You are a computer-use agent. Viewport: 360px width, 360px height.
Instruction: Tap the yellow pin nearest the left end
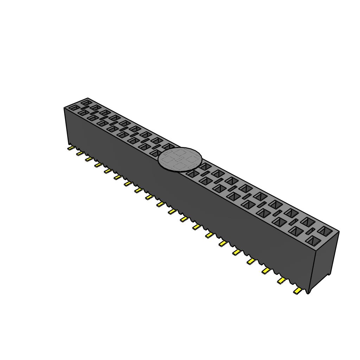point(71,148)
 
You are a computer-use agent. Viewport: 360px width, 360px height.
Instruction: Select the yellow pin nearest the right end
point(298,291)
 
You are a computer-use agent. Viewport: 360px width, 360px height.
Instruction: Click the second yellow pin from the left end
point(80,154)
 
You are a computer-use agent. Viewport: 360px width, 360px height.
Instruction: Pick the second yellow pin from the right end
point(282,280)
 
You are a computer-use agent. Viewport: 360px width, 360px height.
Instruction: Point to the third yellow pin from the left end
point(89,159)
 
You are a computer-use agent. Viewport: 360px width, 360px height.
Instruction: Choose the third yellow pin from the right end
point(266,270)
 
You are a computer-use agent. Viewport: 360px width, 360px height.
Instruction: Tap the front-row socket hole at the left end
point(74,108)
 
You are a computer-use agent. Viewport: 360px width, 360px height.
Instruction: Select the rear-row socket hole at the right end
point(326,231)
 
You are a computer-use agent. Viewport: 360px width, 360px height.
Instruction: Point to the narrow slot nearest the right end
point(310,231)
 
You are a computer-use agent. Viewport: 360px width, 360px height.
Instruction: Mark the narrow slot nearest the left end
point(85,108)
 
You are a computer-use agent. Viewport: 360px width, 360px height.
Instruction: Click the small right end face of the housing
point(323,260)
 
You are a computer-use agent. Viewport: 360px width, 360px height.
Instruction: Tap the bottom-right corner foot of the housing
point(308,291)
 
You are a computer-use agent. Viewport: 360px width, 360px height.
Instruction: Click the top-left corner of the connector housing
point(64,108)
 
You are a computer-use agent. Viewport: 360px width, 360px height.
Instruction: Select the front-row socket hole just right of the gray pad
point(193,173)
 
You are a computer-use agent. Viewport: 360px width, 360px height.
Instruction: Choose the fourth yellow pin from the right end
point(251,261)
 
